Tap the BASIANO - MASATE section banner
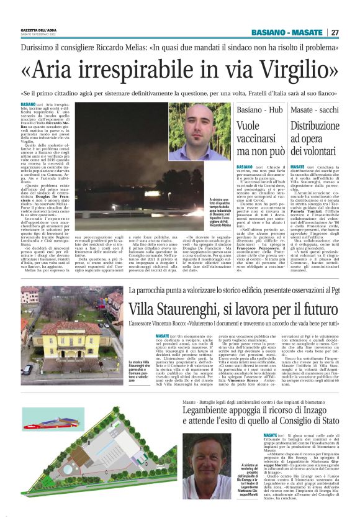tap(287, 32)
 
